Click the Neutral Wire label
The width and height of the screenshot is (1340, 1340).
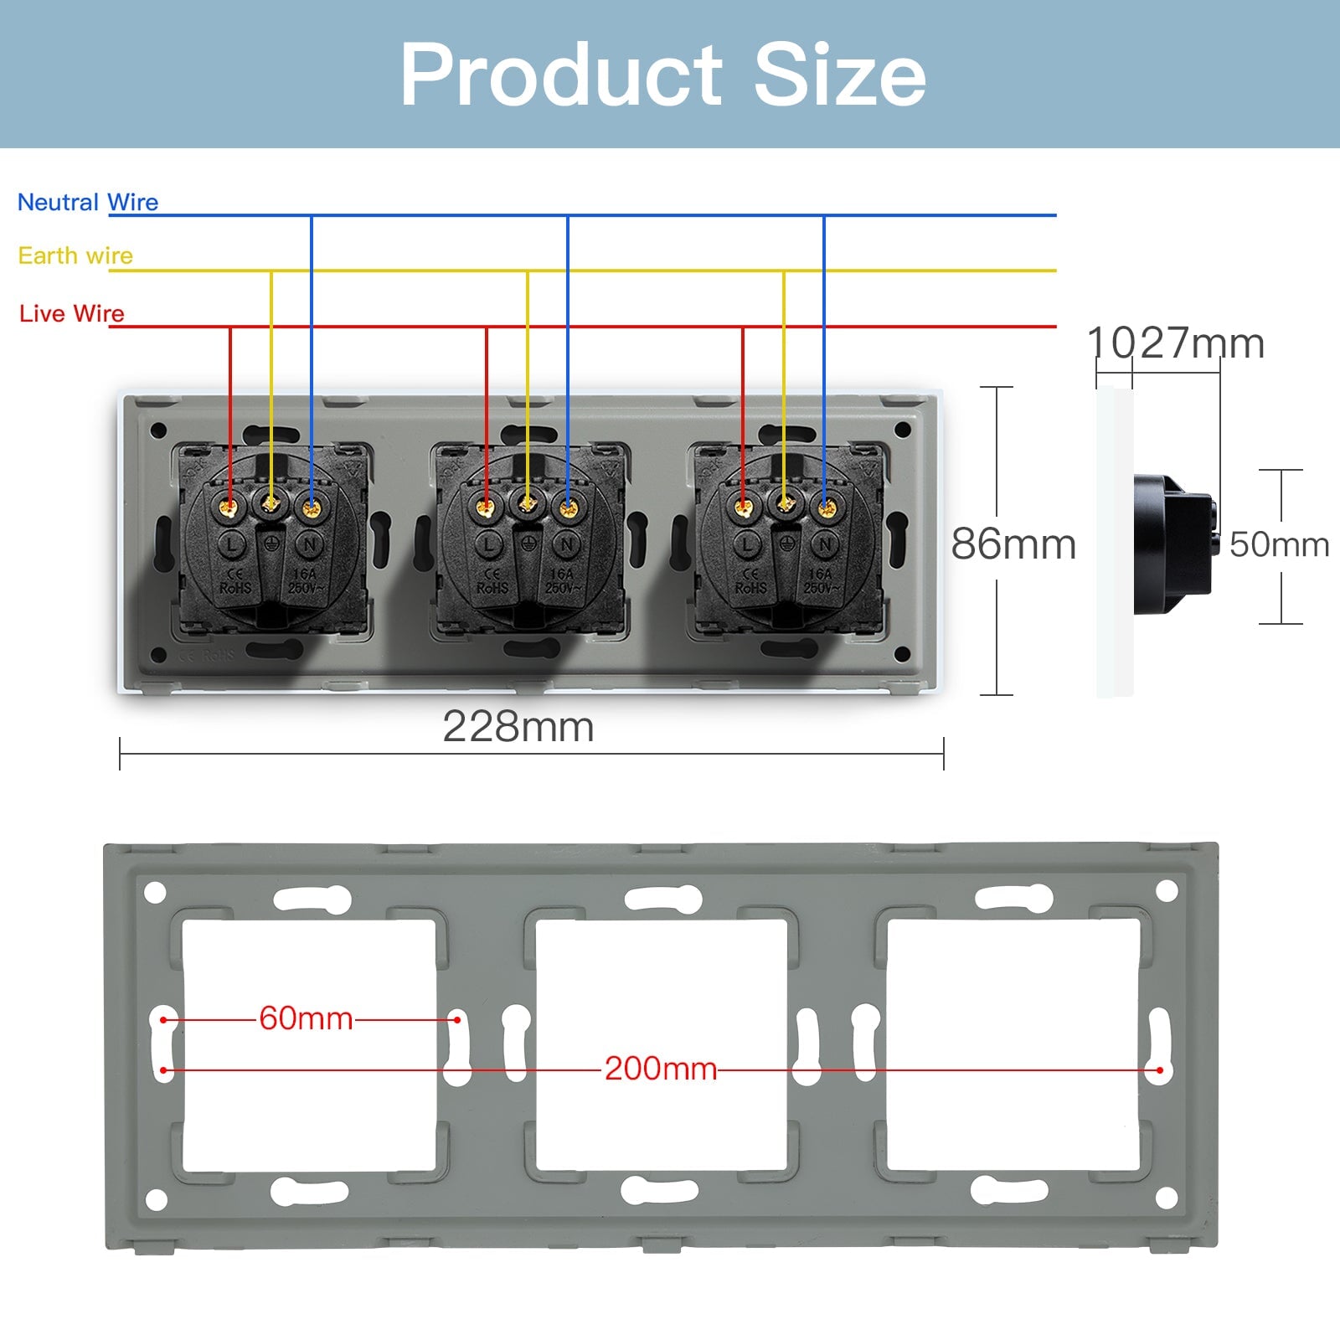point(88,203)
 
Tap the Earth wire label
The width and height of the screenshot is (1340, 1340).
point(75,255)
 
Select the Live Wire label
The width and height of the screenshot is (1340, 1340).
point(72,313)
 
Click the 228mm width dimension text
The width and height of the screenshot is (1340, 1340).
point(518,726)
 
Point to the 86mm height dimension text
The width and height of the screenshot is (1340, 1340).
point(1013,544)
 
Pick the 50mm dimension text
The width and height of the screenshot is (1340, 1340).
point(1279,544)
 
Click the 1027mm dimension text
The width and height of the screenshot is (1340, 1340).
point(1176,343)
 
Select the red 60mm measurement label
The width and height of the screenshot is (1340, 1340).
point(306,1018)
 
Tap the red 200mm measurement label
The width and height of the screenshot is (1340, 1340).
point(661,1069)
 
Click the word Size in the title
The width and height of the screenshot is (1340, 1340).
point(840,75)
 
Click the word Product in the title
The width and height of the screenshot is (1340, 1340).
point(561,75)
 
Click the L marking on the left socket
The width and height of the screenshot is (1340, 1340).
point(232,545)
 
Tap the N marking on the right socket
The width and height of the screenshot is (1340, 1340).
point(826,545)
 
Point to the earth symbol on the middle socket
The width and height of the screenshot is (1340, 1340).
point(528,544)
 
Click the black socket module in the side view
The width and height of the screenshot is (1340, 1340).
point(1172,544)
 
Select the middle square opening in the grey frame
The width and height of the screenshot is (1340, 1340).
point(662,1044)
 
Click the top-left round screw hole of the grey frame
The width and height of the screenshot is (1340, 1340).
point(155,892)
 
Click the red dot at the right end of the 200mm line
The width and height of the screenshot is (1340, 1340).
point(1160,1070)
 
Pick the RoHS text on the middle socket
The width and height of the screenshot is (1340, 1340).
point(492,588)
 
